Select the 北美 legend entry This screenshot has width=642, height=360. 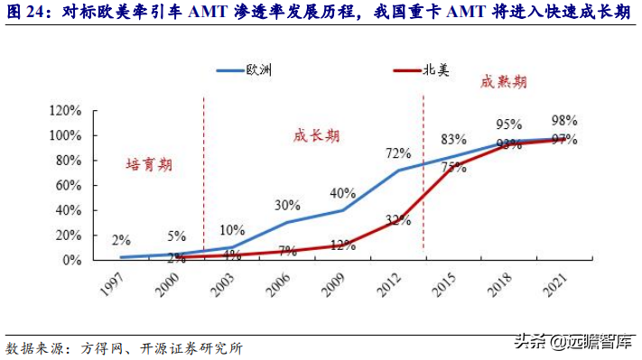tap(437, 69)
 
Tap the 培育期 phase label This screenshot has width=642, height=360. tap(148, 165)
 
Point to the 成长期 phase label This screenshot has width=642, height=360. tap(316, 135)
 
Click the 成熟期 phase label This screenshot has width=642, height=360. tap(504, 82)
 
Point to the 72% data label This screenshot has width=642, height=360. tap(398, 153)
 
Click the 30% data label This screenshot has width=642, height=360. tap(287, 205)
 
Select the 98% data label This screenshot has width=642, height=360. tap(565, 120)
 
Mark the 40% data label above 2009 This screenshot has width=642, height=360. tap(342, 193)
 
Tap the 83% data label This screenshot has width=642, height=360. tap(453, 140)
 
